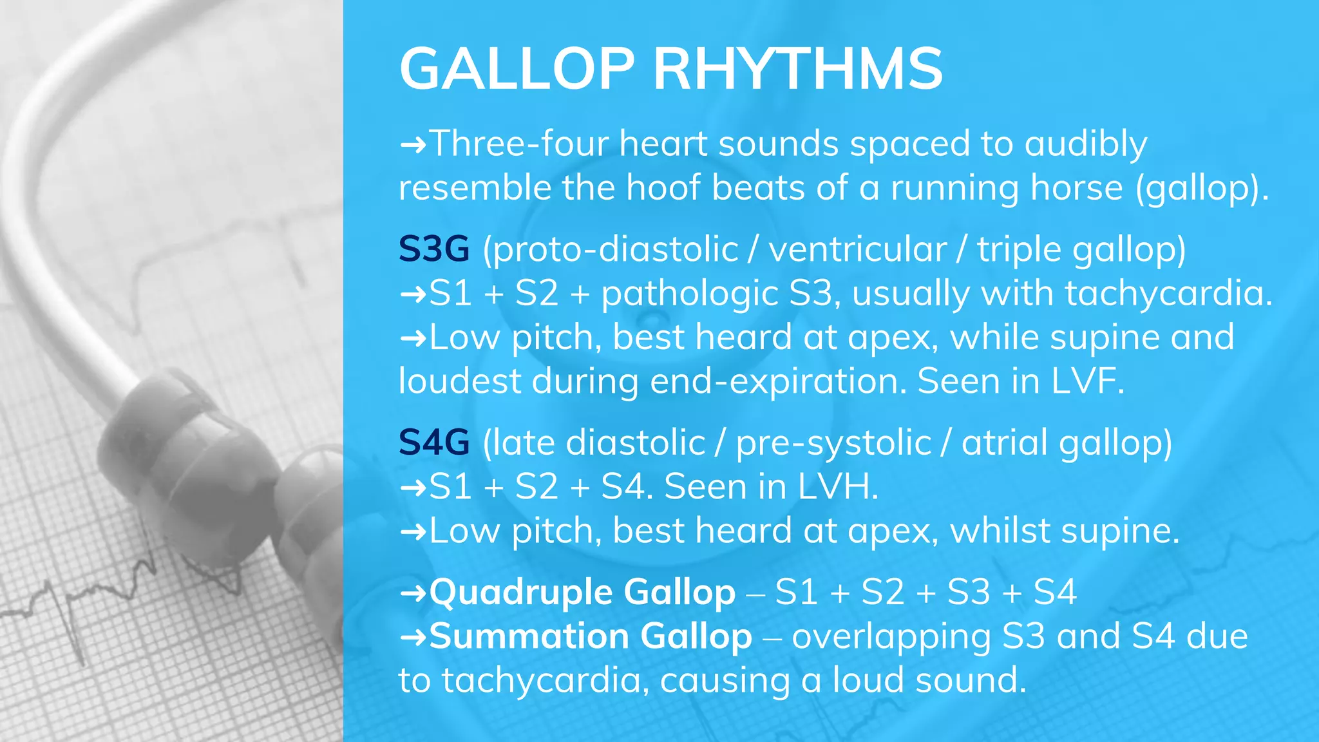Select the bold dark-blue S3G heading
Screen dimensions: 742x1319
433,249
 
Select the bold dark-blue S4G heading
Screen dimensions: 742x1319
433,442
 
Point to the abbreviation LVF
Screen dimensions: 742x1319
1087,381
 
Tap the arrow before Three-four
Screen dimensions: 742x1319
413,144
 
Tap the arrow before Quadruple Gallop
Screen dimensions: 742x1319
413,593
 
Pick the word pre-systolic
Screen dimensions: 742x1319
833,442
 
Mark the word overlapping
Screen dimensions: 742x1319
891,637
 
